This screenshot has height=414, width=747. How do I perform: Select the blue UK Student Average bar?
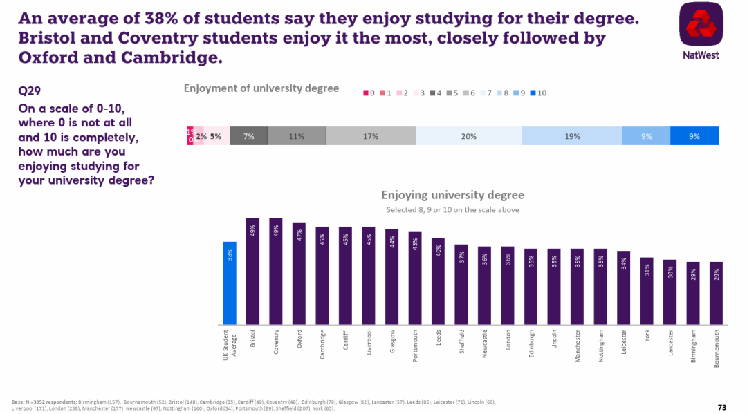coord(230,283)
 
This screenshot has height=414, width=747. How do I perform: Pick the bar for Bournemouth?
coord(717,294)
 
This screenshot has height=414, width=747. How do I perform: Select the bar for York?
coord(647,291)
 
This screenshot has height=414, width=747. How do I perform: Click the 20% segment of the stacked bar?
coord(468,136)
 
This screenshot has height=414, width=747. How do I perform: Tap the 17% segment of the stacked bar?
coord(371,136)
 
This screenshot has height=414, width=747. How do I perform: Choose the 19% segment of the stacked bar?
coord(572,136)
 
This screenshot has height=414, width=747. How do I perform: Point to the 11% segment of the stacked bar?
coord(297,136)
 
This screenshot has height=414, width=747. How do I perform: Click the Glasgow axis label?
coord(392,341)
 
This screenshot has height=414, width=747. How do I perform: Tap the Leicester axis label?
coord(624,342)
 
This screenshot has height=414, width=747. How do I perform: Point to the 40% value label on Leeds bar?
coord(439,250)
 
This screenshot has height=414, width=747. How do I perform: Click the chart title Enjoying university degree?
coord(452,195)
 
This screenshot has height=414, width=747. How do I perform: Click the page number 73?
coord(722,406)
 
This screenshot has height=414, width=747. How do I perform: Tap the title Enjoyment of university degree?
coord(261,88)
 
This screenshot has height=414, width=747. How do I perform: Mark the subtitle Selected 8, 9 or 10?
coord(452,209)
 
